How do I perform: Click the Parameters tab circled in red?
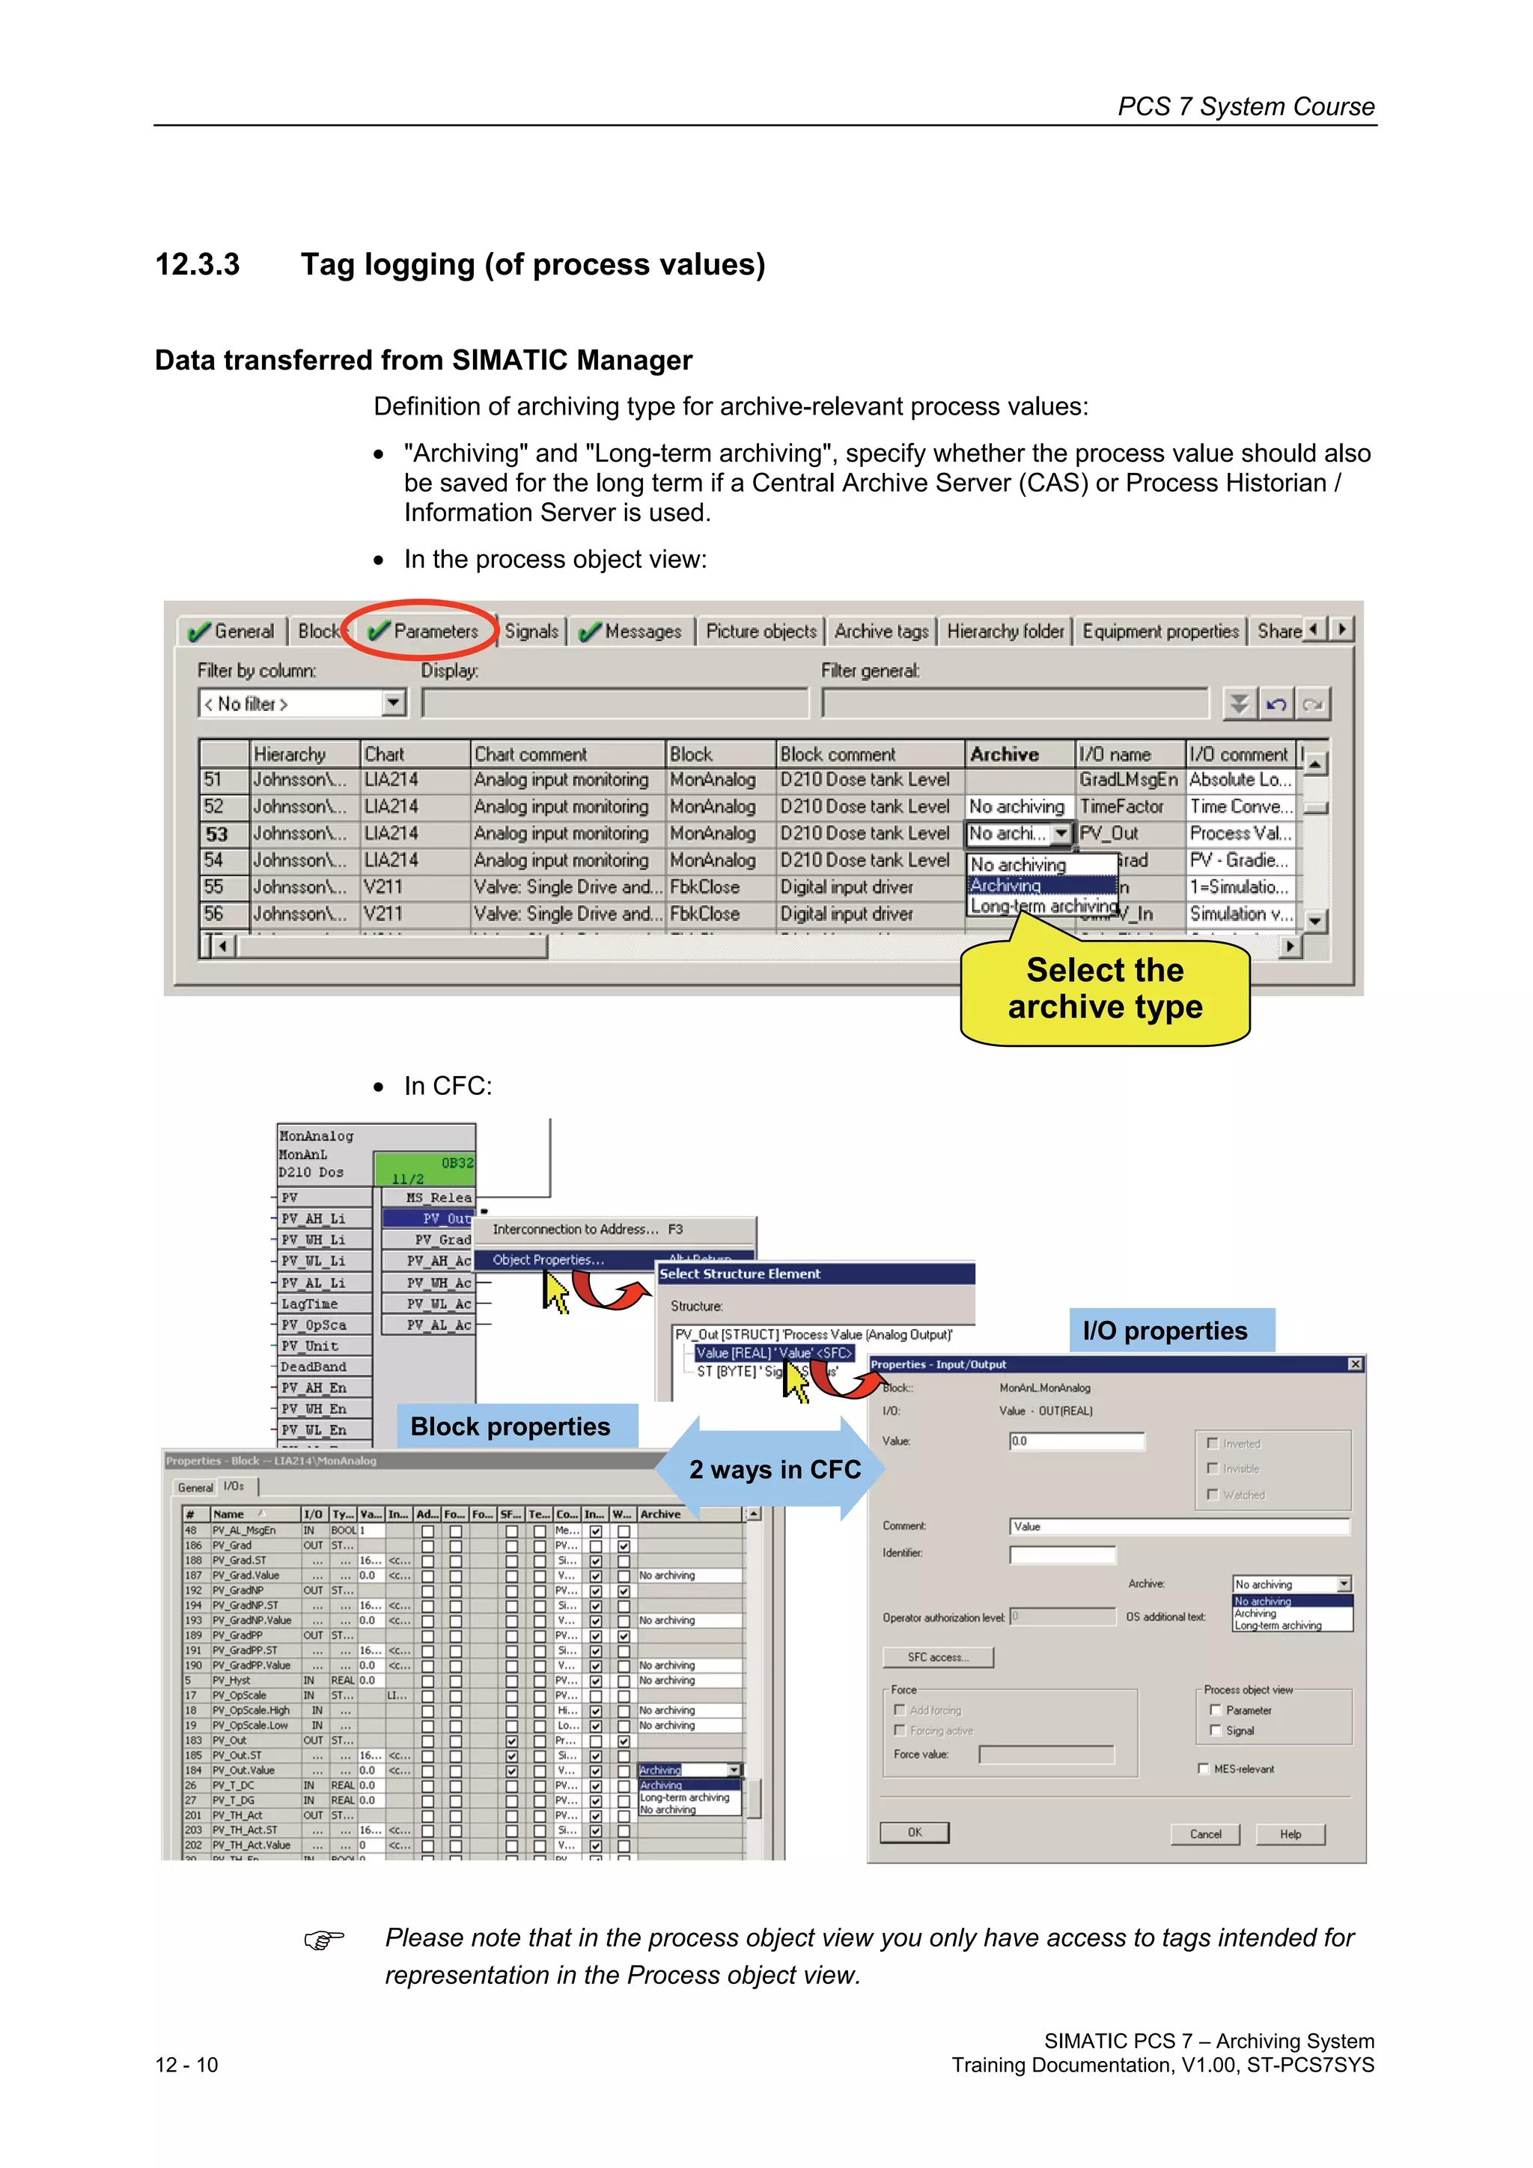[x=424, y=631]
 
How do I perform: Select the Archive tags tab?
[x=880, y=631]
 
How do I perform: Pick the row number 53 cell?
[x=218, y=834]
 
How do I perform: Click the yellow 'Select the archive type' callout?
[x=1104, y=989]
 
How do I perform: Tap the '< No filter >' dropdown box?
[x=300, y=703]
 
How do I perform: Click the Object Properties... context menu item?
[x=548, y=1259]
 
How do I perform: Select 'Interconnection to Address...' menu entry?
[x=585, y=1230]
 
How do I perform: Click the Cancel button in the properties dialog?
[x=1205, y=1833]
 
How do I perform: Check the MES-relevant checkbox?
[x=1204, y=1768]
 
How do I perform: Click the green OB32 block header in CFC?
[x=424, y=1169]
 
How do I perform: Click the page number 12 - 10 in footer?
[x=186, y=2065]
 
